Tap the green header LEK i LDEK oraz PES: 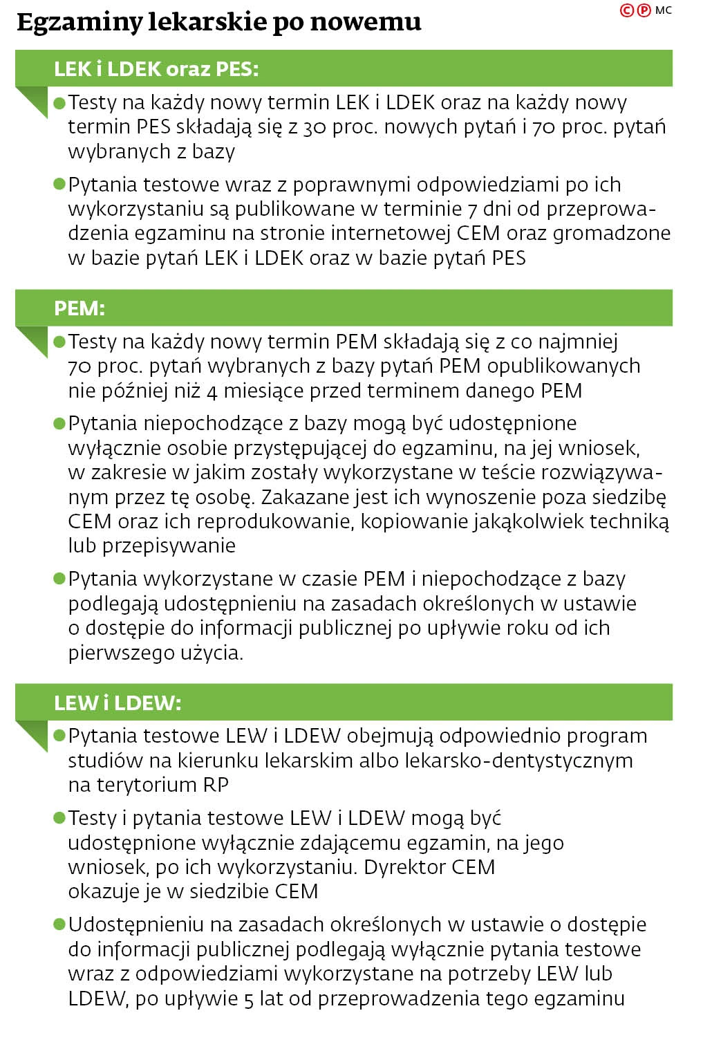pos(156,68)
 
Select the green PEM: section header pos(79,308)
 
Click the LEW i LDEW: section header pos(118,703)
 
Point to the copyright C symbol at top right pos(627,10)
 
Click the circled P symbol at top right pos(644,10)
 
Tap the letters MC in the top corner pos(663,10)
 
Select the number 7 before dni pos(472,209)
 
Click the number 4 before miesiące pos(212,391)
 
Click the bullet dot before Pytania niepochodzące pos(59,423)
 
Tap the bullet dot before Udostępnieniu pos(59,925)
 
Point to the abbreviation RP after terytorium pos(216,786)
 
